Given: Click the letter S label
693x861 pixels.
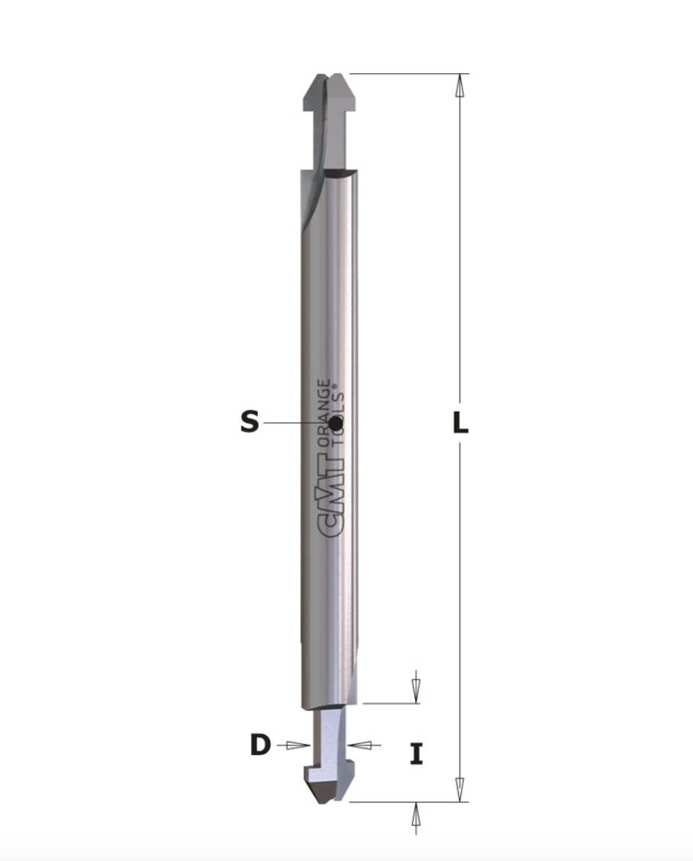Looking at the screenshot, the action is (x=250, y=421).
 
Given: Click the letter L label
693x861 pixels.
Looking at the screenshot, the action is (x=460, y=423).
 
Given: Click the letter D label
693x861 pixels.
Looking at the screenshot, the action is (x=260, y=745).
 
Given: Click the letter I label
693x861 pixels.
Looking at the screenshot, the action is (x=417, y=754).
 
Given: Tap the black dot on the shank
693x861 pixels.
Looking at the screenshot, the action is (x=335, y=423).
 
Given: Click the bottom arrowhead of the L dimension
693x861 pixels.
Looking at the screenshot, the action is (x=460, y=789).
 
